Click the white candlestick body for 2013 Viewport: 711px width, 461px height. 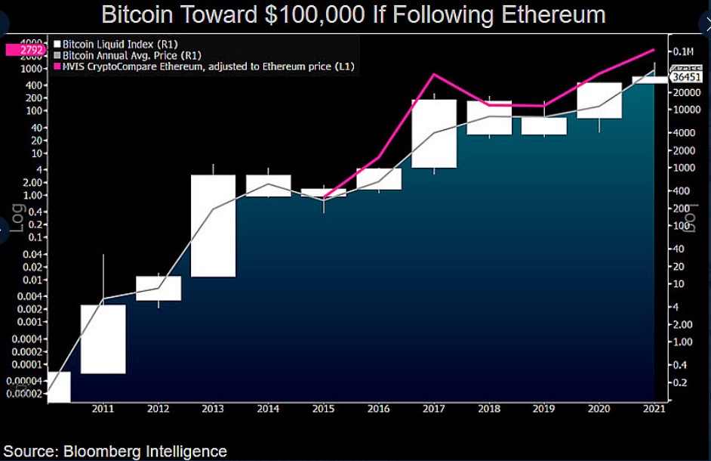click(214, 226)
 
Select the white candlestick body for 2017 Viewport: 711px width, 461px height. click(434, 134)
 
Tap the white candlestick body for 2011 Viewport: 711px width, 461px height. click(103, 339)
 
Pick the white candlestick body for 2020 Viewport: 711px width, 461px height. click(599, 101)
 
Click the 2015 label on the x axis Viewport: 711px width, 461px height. click(324, 409)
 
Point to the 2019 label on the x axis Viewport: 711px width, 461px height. click(544, 409)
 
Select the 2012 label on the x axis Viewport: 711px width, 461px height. click(159, 409)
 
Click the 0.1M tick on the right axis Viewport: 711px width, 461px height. click(683, 51)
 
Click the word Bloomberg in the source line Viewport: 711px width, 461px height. click(108, 450)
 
